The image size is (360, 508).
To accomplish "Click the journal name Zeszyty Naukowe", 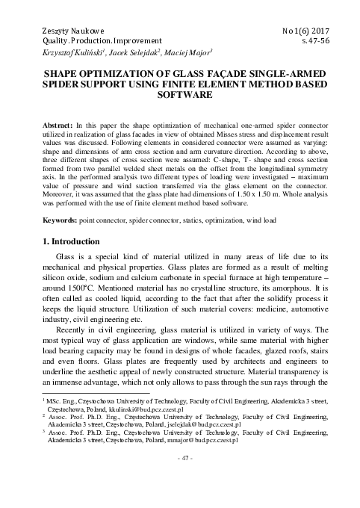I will (56, 28).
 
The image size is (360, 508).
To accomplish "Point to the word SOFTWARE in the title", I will (179, 97).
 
